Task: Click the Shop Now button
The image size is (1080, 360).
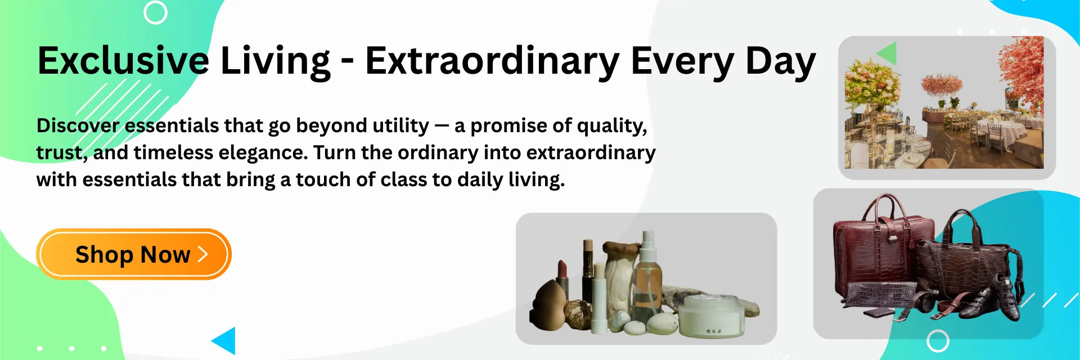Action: click(x=134, y=254)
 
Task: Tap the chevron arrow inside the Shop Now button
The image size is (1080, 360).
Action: click(x=203, y=254)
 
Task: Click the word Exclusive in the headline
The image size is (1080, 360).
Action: click(x=123, y=61)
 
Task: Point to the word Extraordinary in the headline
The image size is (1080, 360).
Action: click(x=492, y=61)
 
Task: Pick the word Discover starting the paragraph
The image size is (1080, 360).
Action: click(x=78, y=125)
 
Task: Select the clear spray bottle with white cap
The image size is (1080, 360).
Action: click(x=648, y=276)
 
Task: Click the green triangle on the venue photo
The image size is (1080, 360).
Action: click(x=888, y=53)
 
